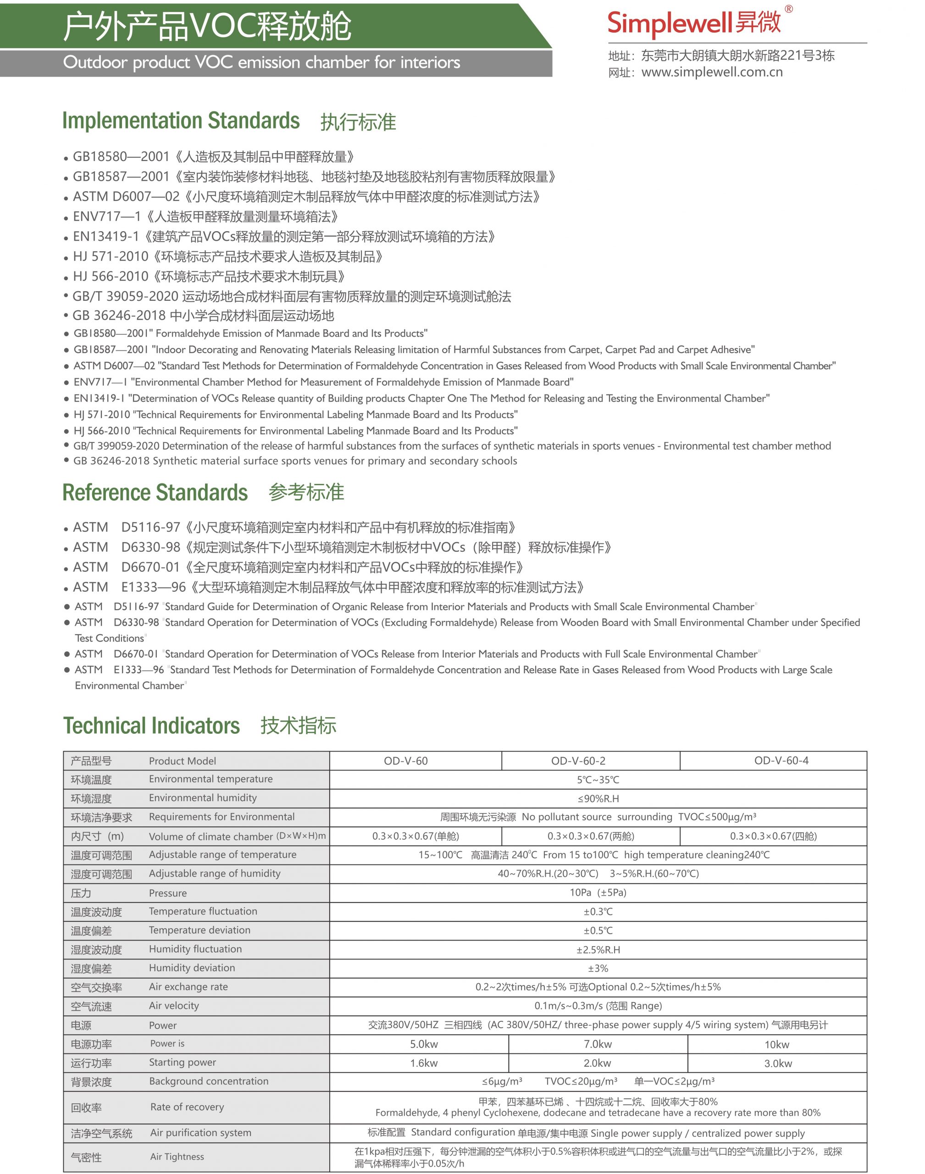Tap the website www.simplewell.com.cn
712,72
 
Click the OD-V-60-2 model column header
578,760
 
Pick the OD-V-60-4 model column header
781,760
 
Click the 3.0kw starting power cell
778,1063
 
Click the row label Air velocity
174,1005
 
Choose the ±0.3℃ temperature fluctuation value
598,911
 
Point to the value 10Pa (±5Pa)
598,892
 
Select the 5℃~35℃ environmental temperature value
598,779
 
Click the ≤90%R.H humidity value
598,798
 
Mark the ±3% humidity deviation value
598,968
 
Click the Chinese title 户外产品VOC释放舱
207,26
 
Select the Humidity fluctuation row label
195,949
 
